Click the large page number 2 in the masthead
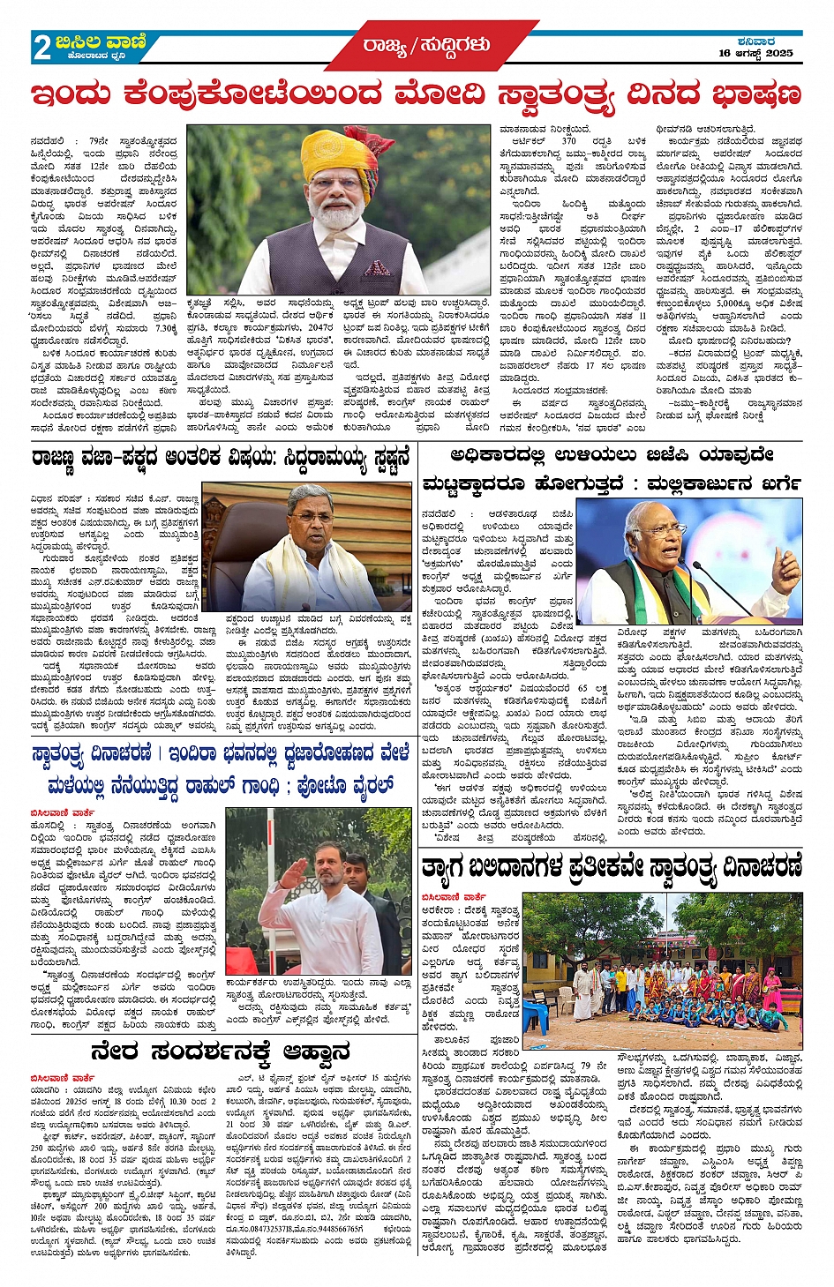point(41,47)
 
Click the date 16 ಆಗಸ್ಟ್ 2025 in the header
point(756,54)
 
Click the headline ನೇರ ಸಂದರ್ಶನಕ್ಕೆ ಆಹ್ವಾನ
point(220,1051)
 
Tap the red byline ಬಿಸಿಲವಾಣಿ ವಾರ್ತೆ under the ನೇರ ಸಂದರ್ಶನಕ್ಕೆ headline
point(63,1078)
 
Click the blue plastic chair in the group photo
point(539,1014)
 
